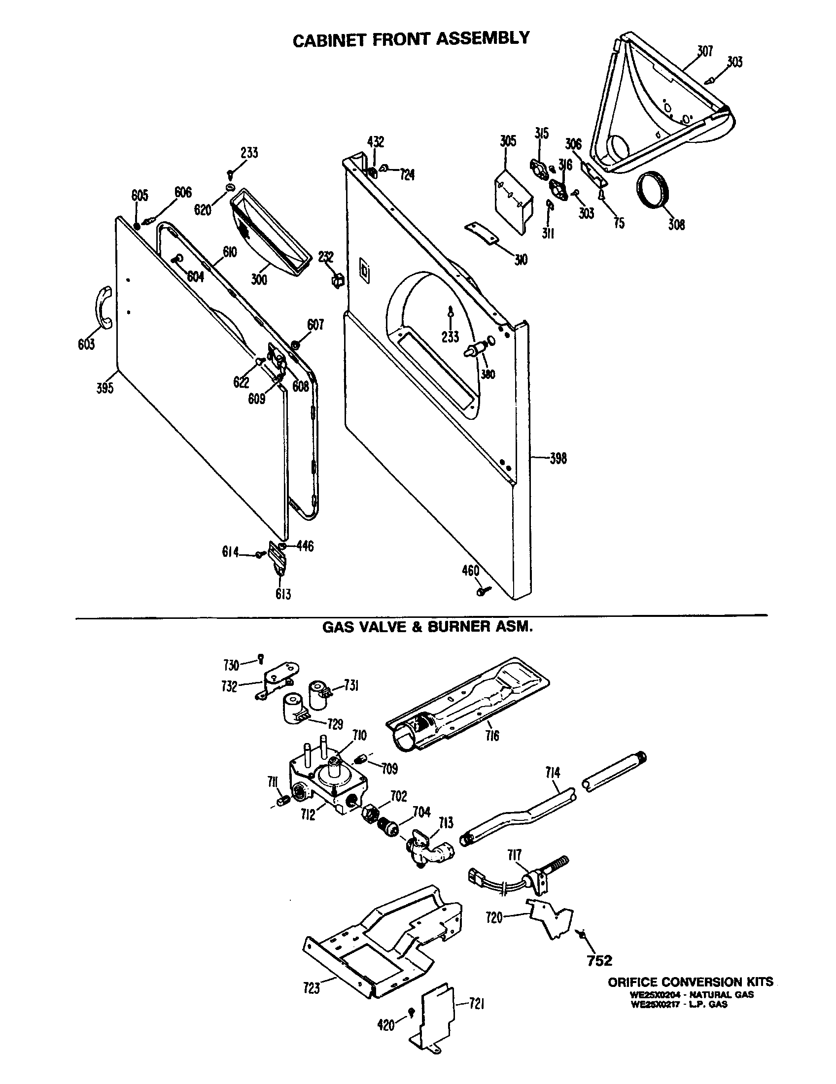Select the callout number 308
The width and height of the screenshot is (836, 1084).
[676, 225]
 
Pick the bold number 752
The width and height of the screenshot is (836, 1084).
[599, 960]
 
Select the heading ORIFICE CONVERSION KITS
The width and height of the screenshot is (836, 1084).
[691, 981]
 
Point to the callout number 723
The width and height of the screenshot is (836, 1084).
[312, 988]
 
